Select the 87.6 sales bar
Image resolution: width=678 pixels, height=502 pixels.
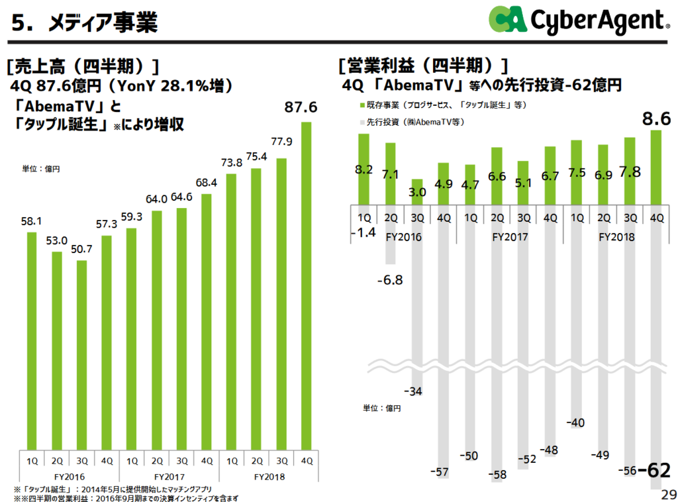[x=307, y=285]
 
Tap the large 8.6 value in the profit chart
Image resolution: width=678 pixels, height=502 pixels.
[x=656, y=119]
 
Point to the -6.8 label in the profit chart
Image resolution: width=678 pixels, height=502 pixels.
[x=389, y=280]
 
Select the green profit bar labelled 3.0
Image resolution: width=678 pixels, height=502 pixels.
[x=417, y=192]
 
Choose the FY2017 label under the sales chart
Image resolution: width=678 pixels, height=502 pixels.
[x=169, y=476]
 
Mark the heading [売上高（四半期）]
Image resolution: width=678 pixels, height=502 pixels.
[x=82, y=66]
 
